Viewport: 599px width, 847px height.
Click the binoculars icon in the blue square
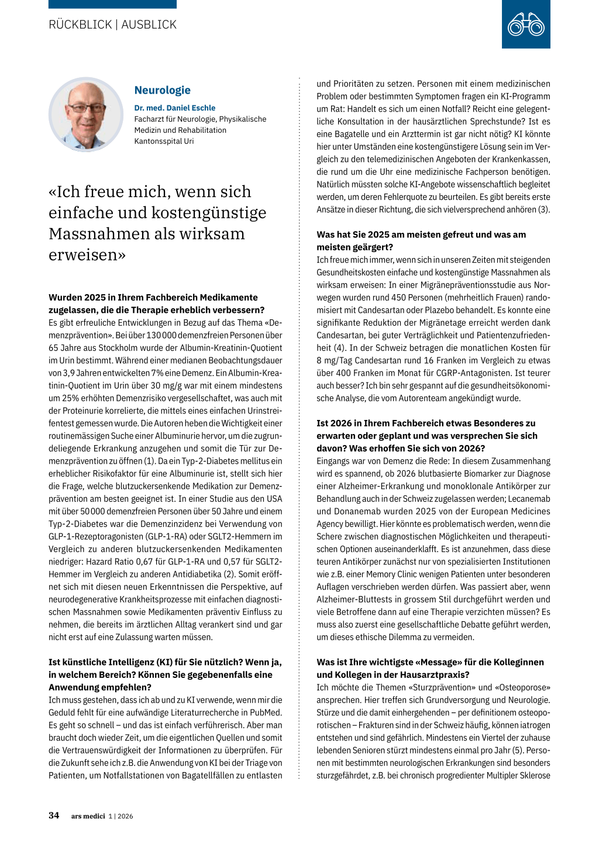coord(526,25)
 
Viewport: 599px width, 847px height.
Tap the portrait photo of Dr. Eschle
coord(86,115)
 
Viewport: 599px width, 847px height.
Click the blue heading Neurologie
coord(162,90)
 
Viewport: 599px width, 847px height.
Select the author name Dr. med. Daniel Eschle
coord(174,108)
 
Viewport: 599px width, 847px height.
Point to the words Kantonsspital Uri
coord(164,141)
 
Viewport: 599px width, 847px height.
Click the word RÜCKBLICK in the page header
coord(80,25)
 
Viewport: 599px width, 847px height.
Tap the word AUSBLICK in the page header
coord(149,25)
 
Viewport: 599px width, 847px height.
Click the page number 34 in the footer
coord(54,815)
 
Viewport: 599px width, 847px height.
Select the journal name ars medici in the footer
coord(88,816)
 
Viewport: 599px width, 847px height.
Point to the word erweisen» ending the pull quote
coord(87,254)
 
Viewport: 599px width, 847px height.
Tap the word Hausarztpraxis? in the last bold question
coord(436,674)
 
